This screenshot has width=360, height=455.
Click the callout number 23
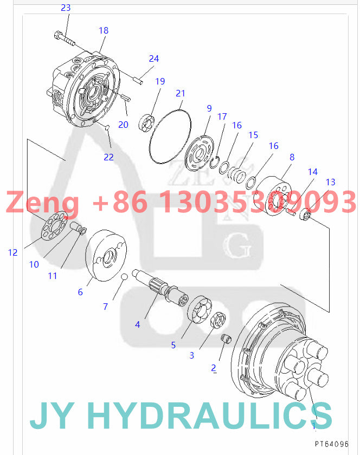click(x=66, y=8)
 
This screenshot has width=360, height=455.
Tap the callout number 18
click(x=104, y=30)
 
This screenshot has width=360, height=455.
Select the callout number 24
click(x=154, y=58)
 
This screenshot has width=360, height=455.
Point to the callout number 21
click(x=181, y=94)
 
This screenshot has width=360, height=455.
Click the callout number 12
click(x=13, y=252)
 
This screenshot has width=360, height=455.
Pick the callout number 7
click(x=105, y=306)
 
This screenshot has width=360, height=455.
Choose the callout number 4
click(x=138, y=324)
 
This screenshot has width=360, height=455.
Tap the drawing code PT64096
click(x=332, y=444)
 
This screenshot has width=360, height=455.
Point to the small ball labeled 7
click(x=124, y=277)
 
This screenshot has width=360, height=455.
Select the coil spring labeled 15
click(x=235, y=174)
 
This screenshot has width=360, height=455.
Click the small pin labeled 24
click(x=137, y=81)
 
